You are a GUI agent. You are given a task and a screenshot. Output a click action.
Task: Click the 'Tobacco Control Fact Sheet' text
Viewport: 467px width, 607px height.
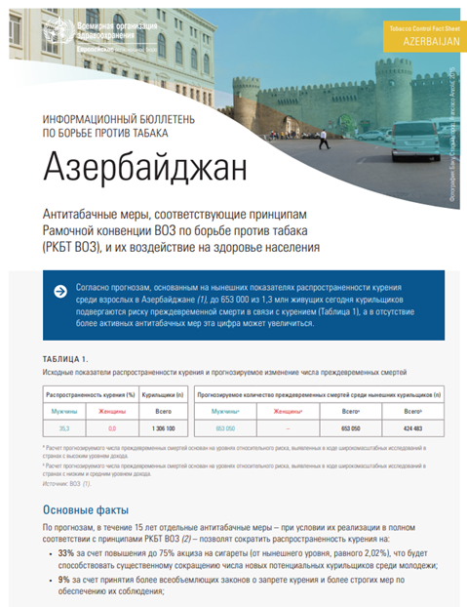(423, 31)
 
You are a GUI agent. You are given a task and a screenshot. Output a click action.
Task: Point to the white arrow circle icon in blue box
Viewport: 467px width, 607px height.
(61, 291)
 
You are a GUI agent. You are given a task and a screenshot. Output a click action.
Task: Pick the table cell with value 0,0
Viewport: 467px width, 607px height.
(112, 427)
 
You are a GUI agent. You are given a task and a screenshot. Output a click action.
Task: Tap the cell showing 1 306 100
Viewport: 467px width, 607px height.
(164, 427)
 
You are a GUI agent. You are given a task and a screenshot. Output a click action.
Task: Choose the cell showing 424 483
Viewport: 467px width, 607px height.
(413, 427)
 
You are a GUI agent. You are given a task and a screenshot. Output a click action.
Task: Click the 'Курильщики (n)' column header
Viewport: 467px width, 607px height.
(164, 397)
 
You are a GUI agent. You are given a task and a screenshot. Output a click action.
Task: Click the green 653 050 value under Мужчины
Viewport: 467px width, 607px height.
(226, 427)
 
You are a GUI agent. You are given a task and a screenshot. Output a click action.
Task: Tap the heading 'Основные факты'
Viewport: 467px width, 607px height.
(84, 509)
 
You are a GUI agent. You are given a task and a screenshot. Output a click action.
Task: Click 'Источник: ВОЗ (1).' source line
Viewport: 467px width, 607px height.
(67, 482)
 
